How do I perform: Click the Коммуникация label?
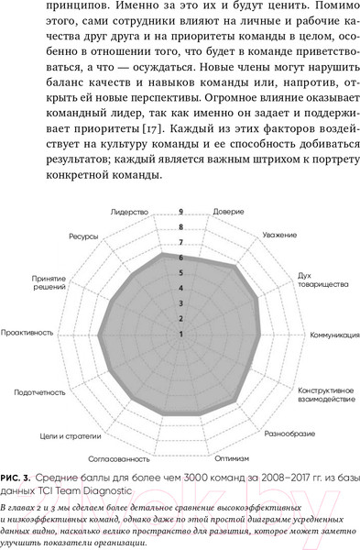[x=333, y=334]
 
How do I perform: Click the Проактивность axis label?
[x=27, y=334]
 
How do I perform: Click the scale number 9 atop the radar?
[x=180, y=211]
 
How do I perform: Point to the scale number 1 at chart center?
[x=180, y=334]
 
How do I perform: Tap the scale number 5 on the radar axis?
[x=180, y=272]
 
